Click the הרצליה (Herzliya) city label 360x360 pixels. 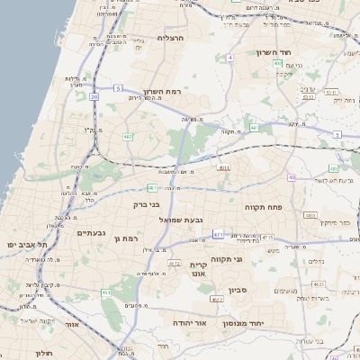click(171, 38)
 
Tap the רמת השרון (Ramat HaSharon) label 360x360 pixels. click(163, 92)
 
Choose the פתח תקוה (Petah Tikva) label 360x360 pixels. click(264, 206)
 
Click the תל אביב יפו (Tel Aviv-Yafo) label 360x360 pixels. click(26, 244)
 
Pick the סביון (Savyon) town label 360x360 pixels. click(237, 291)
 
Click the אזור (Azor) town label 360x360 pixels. click(72, 323)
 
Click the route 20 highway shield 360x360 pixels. click(94, 94)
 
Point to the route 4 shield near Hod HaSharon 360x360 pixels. click(229, 57)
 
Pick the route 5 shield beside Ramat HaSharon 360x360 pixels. click(118, 87)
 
